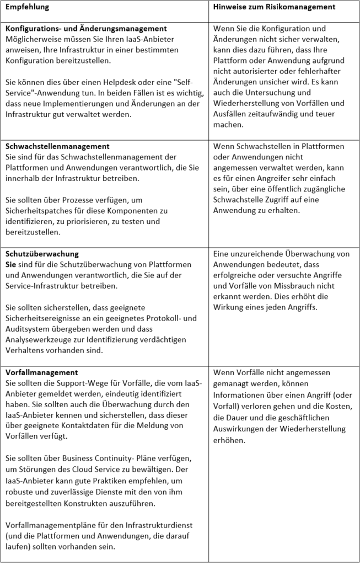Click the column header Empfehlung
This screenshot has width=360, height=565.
[27, 7]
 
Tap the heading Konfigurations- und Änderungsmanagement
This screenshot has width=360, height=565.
[86, 28]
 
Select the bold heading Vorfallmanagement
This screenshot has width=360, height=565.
[41, 372]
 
